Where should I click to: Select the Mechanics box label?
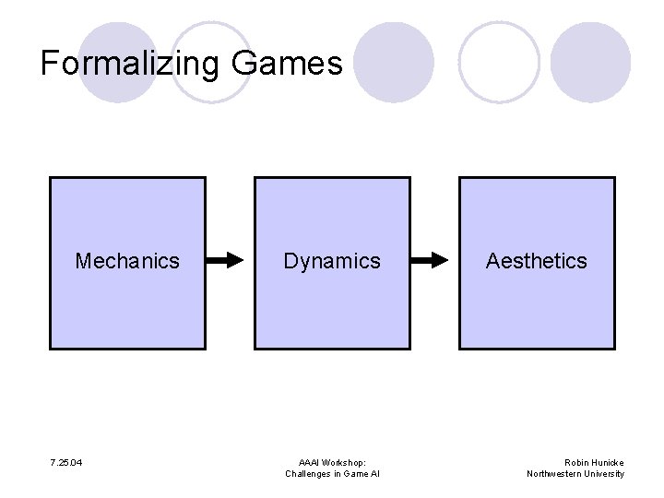click(127, 261)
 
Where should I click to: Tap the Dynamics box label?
click(332, 261)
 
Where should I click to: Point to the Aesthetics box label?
click(536, 261)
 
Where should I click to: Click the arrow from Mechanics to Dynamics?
click(230, 261)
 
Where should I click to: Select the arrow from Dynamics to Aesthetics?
click(434, 261)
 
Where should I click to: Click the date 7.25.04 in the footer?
click(65, 462)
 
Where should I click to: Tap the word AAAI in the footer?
click(310, 462)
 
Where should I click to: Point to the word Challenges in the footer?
click(308, 474)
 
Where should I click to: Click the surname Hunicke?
click(608, 462)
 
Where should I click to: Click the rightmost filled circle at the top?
click(591, 63)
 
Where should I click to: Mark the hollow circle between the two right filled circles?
click(499, 63)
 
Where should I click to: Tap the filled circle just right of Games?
click(394, 63)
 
